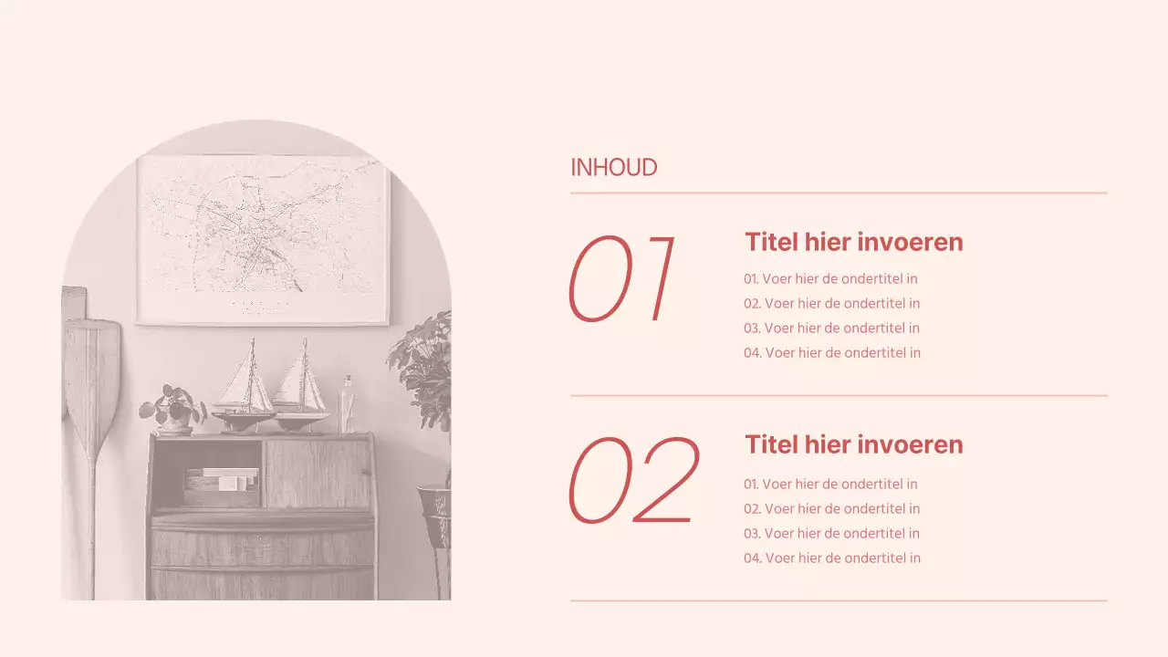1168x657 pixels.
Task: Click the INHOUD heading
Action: tap(613, 168)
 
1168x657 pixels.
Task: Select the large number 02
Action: tap(633, 480)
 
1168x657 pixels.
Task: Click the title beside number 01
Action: tap(853, 242)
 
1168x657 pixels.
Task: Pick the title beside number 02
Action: tap(853, 444)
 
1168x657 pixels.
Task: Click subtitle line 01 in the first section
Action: tap(830, 279)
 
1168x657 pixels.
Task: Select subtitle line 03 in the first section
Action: tap(831, 328)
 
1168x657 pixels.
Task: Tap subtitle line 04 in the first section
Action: tap(831, 353)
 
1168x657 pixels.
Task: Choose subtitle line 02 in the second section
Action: tap(831, 509)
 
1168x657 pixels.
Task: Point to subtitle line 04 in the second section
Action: tap(831, 558)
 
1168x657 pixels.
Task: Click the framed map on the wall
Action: tap(263, 239)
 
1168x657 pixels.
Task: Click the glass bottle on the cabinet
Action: tap(347, 404)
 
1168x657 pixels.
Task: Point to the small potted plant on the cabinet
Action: tap(172, 409)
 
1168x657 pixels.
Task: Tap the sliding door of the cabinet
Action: tap(318, 474)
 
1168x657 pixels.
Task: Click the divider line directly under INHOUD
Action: tap(839, 193)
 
